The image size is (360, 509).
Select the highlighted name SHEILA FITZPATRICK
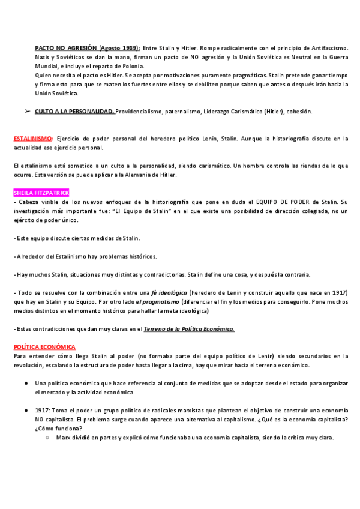pyautogui.click(x=41, y=193)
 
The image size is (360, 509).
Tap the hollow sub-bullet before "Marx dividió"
pyautogui.click(x=47, y=438)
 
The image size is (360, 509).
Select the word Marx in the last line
pyautogui.click(x=61, y=438)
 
